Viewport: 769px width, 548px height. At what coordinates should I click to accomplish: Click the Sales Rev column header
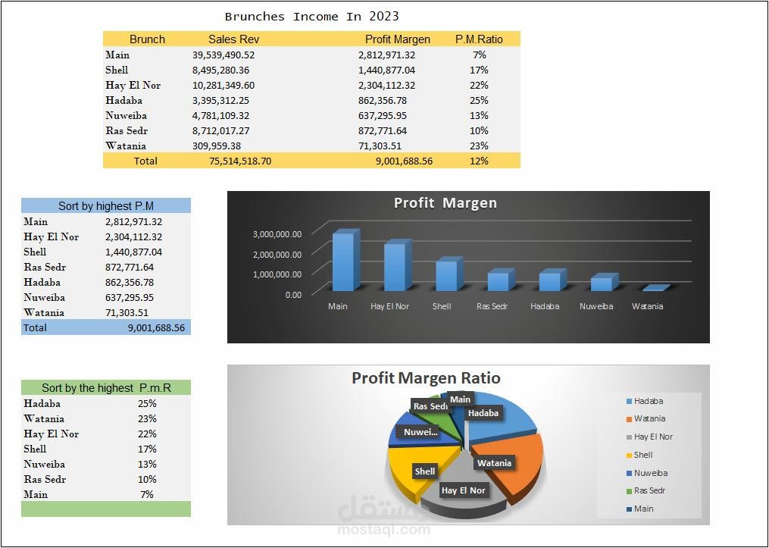coord(233,39)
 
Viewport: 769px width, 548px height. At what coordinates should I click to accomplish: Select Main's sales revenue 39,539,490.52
coord(224,55)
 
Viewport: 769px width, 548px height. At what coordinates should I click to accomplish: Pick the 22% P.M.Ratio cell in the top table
coord(479,86)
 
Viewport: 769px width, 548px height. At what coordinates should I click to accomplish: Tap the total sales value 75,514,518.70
coord(240,161)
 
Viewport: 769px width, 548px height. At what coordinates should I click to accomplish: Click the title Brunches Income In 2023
coord(312,17)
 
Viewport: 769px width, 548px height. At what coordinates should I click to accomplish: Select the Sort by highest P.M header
coord(106,206)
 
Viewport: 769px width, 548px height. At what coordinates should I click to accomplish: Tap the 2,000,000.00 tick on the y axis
coord(277,254)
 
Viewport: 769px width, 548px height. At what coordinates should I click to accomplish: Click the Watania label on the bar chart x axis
coord(647,306)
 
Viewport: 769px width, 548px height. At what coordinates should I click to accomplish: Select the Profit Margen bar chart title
coord(445,203)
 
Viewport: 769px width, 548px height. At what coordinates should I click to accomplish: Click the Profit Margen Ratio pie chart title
coord(427,378)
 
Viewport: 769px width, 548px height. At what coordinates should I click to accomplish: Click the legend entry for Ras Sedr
coord(646,490)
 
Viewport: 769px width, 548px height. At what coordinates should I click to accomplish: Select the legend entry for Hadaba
coord(645,401)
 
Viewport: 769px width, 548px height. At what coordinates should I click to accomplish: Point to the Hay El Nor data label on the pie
coord(463,490)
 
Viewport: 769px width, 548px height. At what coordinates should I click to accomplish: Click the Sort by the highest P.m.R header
coord(106,388)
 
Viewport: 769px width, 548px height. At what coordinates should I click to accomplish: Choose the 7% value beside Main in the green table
coord(147,494)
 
